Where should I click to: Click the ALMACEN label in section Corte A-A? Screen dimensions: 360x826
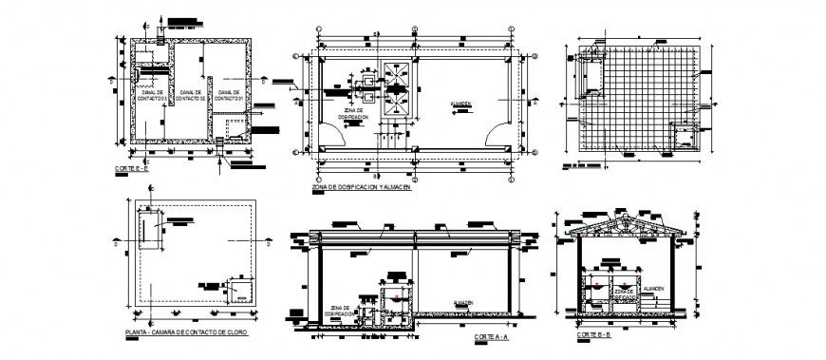point(464,302)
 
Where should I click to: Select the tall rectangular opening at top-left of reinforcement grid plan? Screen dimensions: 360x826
point(595,74)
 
